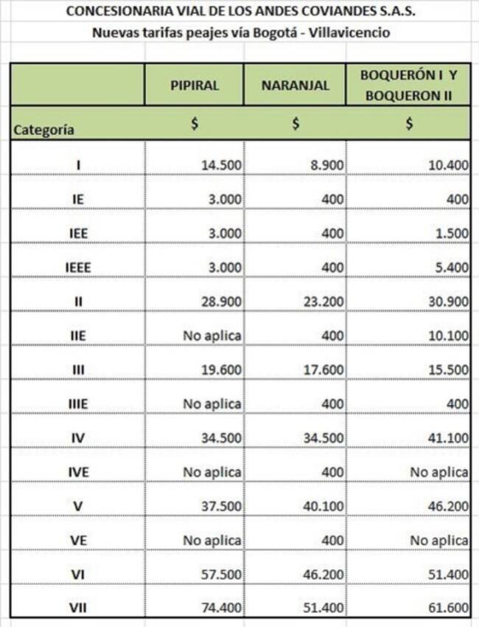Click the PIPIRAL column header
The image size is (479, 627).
[x=195, y=85]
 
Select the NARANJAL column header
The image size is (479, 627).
[x=295, y=85]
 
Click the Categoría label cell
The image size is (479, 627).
[x=44, y=129]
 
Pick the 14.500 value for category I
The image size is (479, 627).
[x=221, y=164]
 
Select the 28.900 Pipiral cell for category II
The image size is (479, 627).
[x=221, y=301]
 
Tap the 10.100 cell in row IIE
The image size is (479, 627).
[x=448, y=335]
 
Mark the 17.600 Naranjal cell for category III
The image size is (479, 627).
[x=324, y=370]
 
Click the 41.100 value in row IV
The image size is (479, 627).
[x=448, y=437]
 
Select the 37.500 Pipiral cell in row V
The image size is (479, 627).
[x=221, y=506]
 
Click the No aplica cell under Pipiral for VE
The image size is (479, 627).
[x=212, y=541]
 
